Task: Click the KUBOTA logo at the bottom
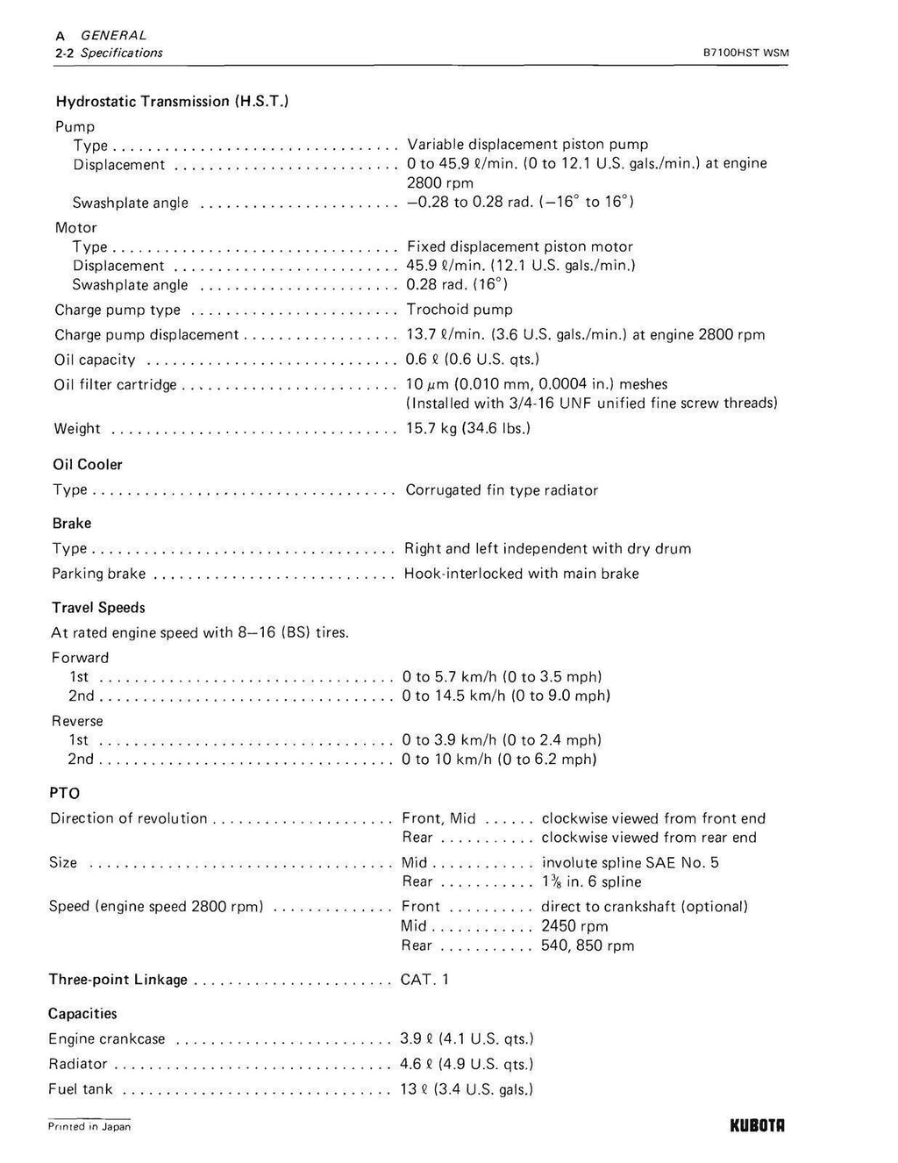click(x=757, y=1125)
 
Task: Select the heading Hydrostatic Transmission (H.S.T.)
click(x=173, y=101)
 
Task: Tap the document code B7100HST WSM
click(x=746, y=53)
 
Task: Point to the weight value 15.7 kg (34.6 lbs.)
click(x=467, y=428)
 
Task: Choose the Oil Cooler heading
click(x=88, y=465)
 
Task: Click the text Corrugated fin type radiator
click(x=502, y=490)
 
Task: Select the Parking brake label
click(x=98, y=574)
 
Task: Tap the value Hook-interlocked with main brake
click(x=521, y=574)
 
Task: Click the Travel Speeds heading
click(x=98, y=608)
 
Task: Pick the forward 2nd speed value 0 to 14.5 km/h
click(x=506, y=696)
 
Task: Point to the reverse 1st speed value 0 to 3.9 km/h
click(x=502, y=740)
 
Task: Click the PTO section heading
click(x=65, y=793)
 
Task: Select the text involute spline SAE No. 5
click(x=630, y=863)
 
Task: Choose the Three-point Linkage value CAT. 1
click(x=424, y=980)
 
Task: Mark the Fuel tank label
click(x=82, y=1089)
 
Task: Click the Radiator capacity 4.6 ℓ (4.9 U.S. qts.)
click(x=467, y=1064)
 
